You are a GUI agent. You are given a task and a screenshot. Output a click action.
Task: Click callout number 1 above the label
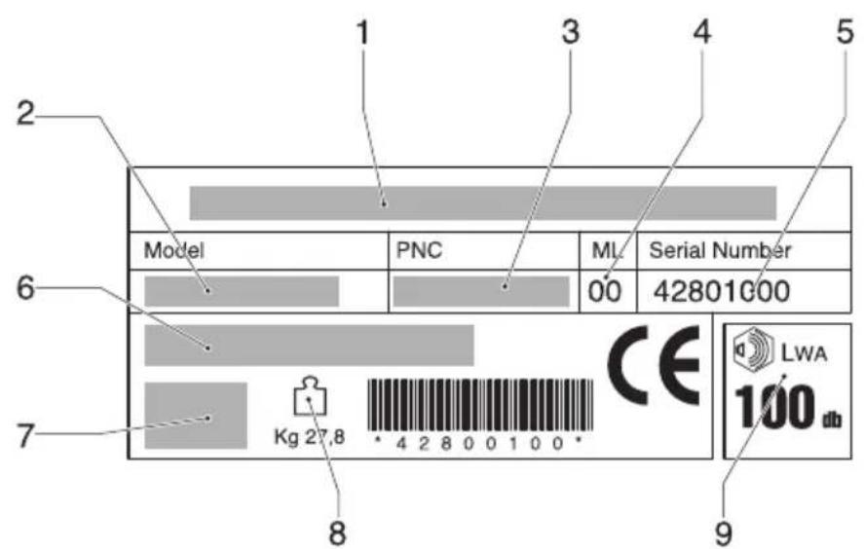pyautogui.click(x=362, y=33)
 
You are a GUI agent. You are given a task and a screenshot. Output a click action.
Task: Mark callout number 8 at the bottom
pyautogui.click(x=336, y=531)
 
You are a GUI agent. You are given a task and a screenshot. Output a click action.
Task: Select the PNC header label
pyautogui.click(x=419, y=250)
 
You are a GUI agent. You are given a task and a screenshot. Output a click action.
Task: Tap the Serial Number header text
pyautogui.click(x=712, y=250)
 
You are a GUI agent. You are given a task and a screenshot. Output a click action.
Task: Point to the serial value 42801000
pyautogui.click(x=721, y=291)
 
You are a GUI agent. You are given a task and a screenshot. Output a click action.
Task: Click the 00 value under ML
pyautogui.click(x=604, y=291)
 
